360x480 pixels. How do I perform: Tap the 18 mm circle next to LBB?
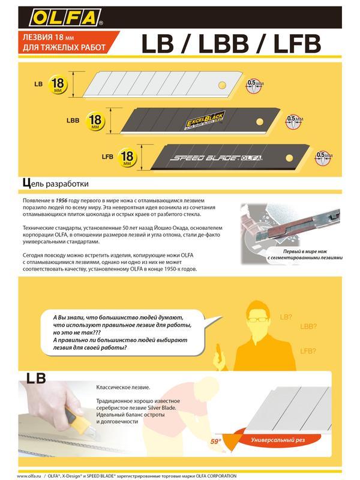click(95, 120)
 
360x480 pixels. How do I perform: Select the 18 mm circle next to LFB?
click(127, 157)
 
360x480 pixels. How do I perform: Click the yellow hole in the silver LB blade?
click(223, 84)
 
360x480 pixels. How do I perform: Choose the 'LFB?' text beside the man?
click(307, 350)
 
